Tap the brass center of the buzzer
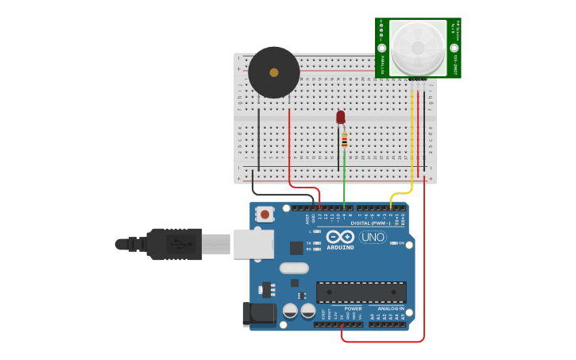274,72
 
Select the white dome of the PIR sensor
418,47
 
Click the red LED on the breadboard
341,118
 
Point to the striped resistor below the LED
344,141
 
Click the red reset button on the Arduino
265,214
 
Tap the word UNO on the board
373,237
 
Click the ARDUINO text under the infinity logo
339,247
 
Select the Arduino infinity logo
339,237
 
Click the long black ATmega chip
361,292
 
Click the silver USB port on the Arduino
253,244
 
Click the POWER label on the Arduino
353,308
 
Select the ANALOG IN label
390,308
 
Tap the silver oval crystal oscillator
294,268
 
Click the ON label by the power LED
402,243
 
